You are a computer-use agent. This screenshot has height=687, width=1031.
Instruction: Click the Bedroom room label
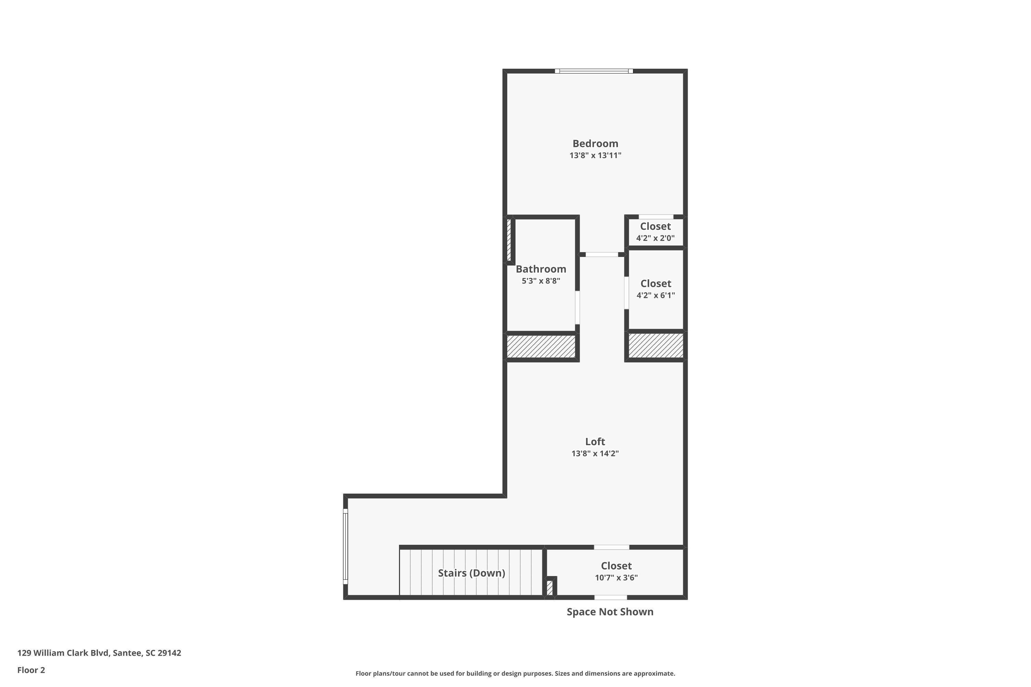595,143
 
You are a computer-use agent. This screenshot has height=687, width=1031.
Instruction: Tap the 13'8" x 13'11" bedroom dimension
595,156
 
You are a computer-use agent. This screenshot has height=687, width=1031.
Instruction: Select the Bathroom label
541,269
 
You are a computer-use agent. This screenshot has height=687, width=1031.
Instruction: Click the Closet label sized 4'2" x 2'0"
655,226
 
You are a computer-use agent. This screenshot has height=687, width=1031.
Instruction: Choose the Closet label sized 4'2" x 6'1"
656,283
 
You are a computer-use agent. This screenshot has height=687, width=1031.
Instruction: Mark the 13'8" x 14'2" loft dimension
595,453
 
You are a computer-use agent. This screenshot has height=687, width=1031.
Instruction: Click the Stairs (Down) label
472,573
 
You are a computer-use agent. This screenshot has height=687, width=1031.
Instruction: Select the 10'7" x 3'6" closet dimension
616,578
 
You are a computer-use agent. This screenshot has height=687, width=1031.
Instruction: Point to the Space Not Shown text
610,612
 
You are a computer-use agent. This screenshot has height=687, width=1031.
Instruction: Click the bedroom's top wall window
594,71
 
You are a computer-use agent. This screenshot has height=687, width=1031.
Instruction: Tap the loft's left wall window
345,547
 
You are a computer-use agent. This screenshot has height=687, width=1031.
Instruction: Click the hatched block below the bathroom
541,347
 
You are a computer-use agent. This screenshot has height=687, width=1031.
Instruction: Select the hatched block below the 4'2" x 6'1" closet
656,345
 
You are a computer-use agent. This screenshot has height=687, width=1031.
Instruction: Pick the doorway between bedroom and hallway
602,255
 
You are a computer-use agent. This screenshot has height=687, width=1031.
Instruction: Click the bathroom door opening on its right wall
577,307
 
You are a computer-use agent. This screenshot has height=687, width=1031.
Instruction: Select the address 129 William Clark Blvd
99,653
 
